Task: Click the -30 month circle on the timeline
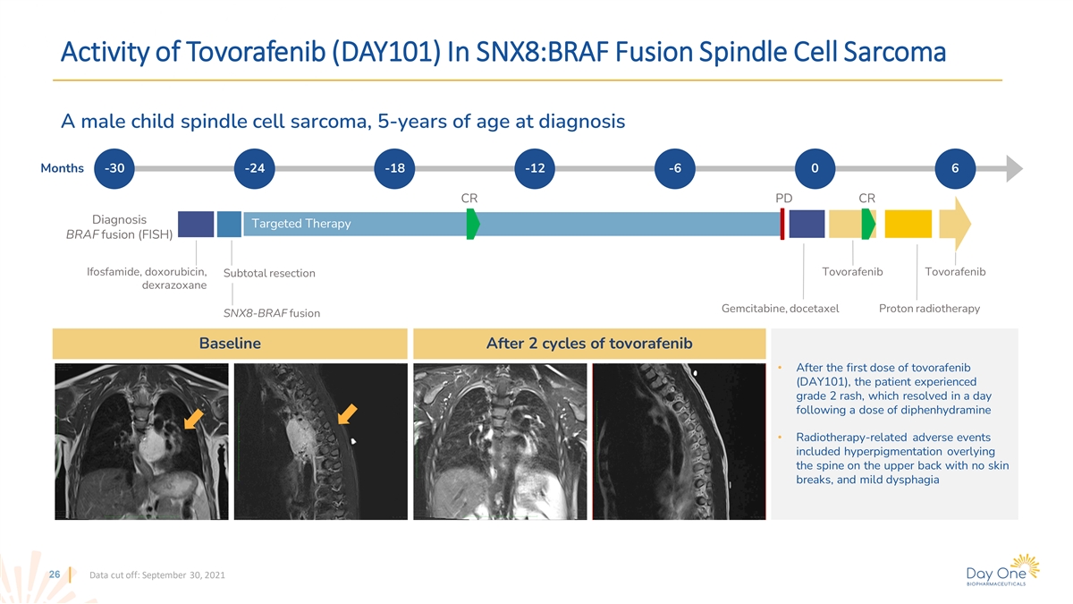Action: coord(114,168)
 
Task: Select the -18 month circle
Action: coord(394,168)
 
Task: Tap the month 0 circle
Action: coord(815,168)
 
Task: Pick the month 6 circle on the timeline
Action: coord(955,168)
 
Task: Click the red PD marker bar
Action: coord(782,224)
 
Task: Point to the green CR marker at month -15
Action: coord(473,224)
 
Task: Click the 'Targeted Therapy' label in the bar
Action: coord(301,224)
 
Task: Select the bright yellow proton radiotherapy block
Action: coord(908,224)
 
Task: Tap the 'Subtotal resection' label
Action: coord(269,273)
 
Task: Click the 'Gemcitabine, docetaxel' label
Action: coord(781,308)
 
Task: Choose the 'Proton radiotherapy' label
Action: coord(929,308)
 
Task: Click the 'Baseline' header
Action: coord(230,344)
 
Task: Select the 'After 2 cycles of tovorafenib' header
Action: coord(589,344)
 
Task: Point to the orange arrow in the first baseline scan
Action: coord(194,419)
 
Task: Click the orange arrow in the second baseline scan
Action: coord(347,414)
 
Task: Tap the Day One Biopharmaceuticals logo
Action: coord(1002,571)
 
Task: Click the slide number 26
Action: coord(55,574)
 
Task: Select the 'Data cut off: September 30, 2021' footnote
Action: coord(157,574)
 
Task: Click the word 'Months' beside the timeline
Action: coord(62,168)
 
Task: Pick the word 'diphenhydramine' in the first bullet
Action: coord(949,410)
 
